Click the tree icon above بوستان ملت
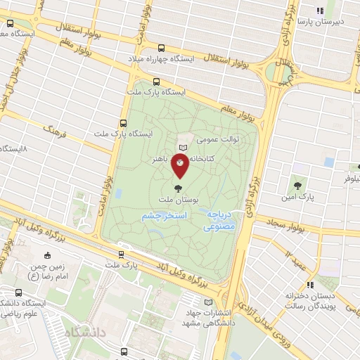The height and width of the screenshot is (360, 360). point(177,188)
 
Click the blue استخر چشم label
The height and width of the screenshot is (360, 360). point(162,215)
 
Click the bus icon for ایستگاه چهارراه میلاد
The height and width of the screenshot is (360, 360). point(162,48)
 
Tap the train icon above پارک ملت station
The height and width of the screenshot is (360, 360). point(120,255)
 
